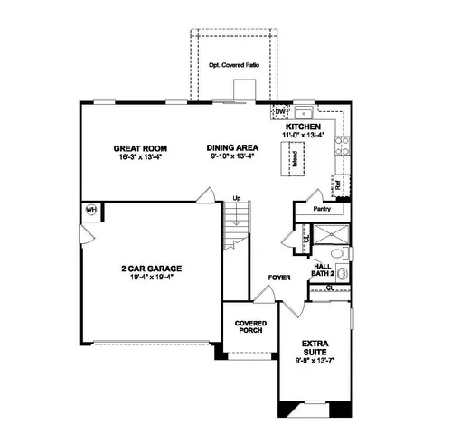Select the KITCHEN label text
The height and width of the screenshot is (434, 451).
pyautogui.click(x=305, y=127)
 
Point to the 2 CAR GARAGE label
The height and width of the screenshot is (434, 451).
pyautogui.click(x=153, y=269)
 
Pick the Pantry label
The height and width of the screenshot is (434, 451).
pyautogui.click(x=322, y=209)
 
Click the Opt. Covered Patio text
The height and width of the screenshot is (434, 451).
pyautogui.click(x=233, y=65)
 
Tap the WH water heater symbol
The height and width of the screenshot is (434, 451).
pyautogui.click(x=91, y=210)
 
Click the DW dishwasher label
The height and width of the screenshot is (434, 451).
pyautogui.click(x=281, y=113)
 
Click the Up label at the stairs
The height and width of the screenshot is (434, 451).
pyautogui.click(x=237, y=198)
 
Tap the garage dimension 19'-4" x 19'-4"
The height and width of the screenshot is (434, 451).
pyautogui.click(x=153, y=277)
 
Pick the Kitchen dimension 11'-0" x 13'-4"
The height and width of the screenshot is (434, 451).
pyautogui.click(x=305, y=136)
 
